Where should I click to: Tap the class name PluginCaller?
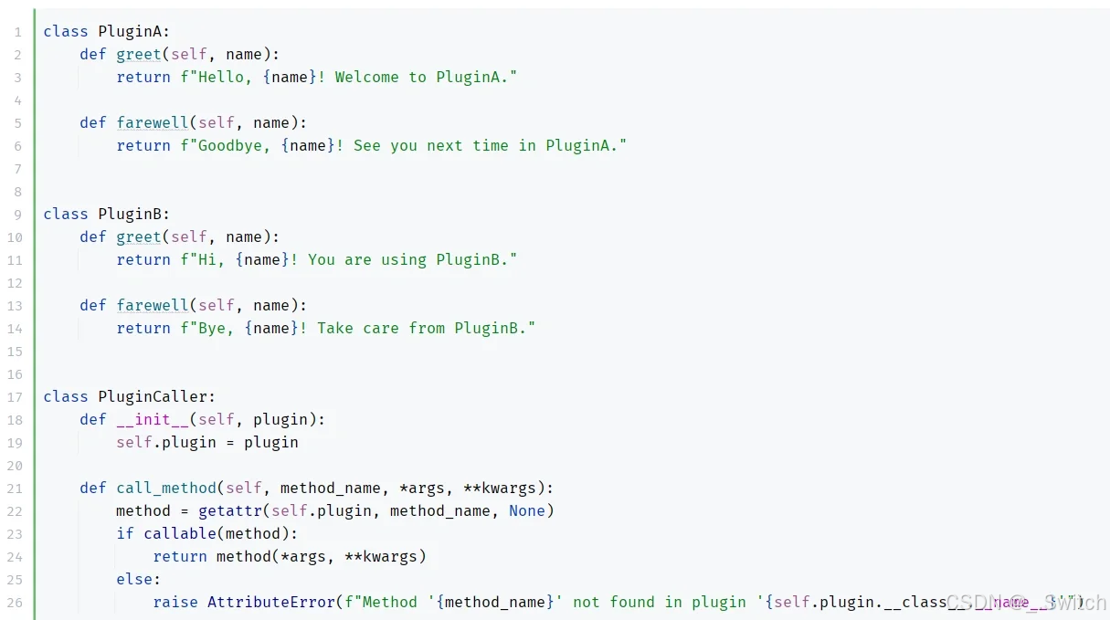[153, 396]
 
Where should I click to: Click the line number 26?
[15, 603]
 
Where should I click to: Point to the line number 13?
[15, 306]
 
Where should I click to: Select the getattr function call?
[230, 510]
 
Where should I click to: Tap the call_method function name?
[166, 488]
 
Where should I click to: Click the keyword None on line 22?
[527, 510]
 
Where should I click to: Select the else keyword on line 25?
[134, 579]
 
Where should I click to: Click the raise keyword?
[175, 602]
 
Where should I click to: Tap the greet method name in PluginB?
[139, 236]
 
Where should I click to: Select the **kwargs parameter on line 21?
[508, 488]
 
